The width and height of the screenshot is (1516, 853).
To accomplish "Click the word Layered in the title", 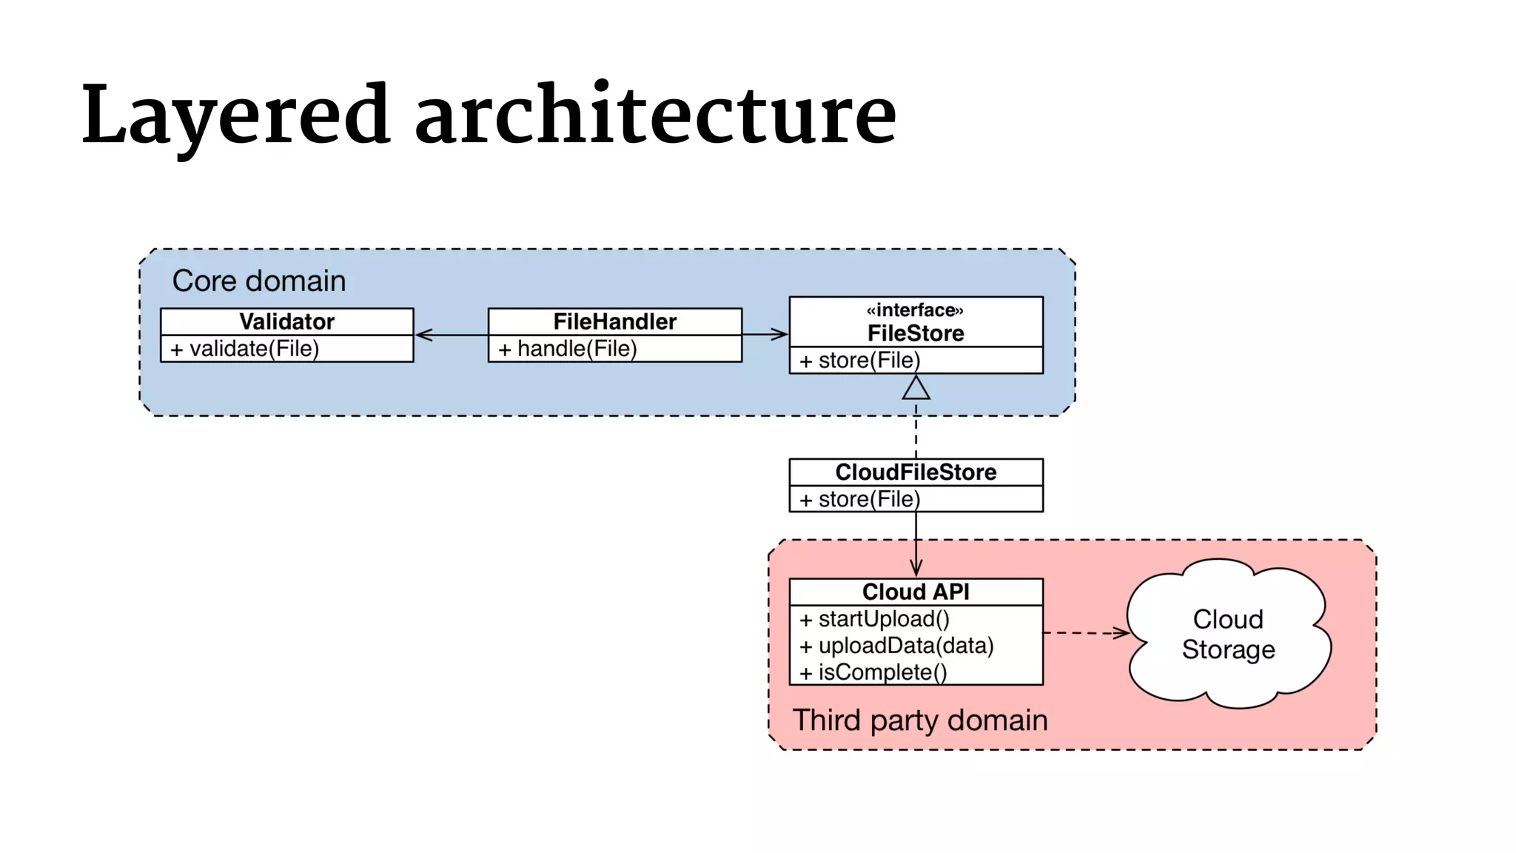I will (x=235, y=116).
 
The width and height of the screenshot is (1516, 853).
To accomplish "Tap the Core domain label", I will (x=259, y=281).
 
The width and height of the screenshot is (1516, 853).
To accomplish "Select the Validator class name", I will (x=286, y=321).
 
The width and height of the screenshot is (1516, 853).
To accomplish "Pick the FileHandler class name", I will (x=614, y=321).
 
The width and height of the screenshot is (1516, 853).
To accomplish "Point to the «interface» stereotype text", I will (x=915, y=310).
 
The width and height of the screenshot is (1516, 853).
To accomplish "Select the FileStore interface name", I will (x=916, y=333).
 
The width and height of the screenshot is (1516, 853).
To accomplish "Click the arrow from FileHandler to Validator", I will (x=451, y=335).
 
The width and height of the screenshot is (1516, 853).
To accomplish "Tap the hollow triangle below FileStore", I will (x=916, y=389).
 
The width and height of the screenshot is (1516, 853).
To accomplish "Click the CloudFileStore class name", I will (x=916, y=472).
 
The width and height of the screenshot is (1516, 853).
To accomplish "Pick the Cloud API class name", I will (x=916, y=592).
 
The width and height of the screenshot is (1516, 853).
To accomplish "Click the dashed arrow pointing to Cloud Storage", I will (x=1085, y=632).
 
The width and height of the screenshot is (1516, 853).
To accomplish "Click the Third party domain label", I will (x=920, y=720).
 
